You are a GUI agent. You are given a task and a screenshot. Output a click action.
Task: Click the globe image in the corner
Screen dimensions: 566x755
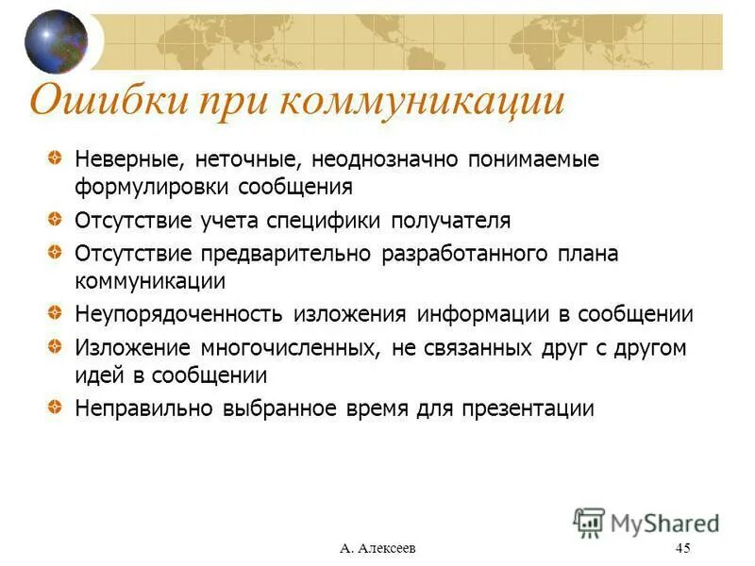(56, 42)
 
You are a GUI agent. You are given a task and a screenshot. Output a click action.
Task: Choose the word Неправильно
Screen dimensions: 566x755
(143, 409)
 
